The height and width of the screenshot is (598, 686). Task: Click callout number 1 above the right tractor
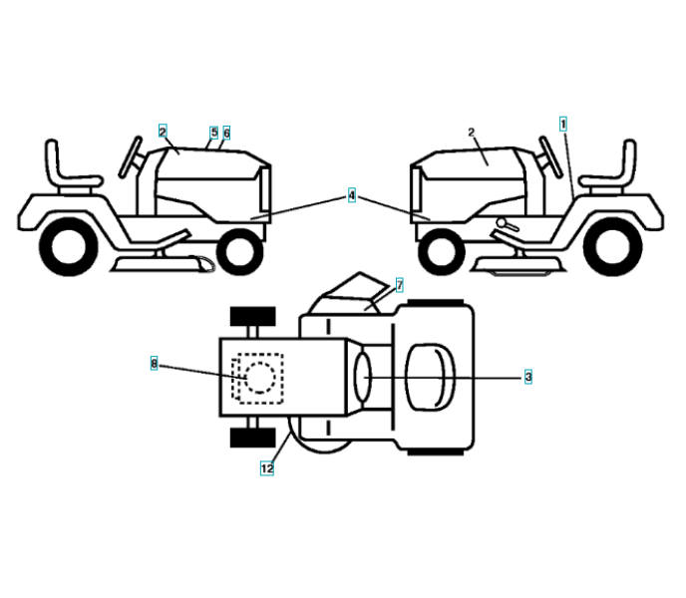[x=563, y=124]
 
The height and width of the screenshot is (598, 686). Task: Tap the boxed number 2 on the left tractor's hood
[x=162, y=131]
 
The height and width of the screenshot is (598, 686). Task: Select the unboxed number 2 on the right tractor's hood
[x=472, y=132]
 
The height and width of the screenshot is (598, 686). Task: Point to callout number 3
[x=527, y=377]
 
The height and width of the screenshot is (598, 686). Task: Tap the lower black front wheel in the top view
[x=252, y=438]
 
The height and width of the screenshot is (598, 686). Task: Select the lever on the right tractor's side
[x=508, y=227]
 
